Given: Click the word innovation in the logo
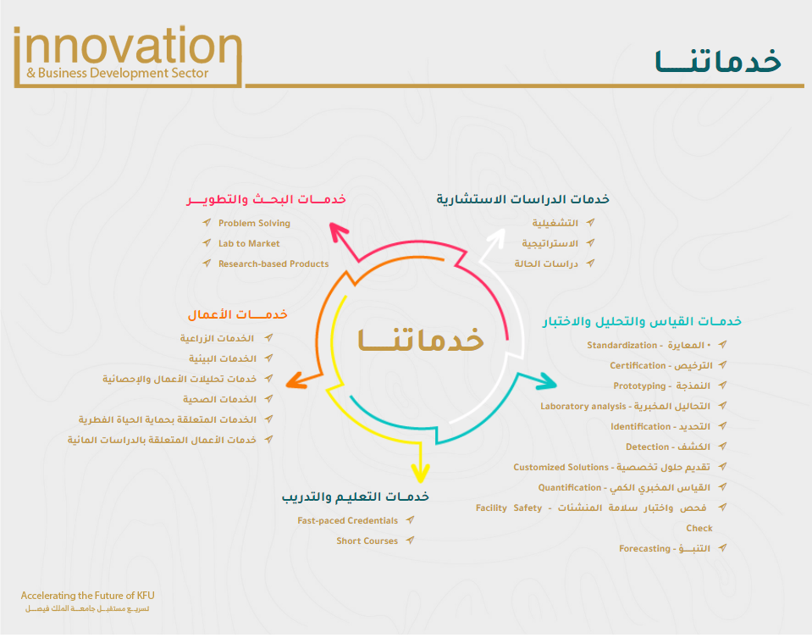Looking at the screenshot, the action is (128, 46).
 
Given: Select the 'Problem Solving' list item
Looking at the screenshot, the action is (254, 224).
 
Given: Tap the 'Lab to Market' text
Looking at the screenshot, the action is (249, 243).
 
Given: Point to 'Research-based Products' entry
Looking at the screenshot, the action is (273, 264).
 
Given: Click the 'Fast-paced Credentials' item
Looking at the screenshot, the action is (347, 520).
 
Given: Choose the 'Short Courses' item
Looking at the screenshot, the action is (367, 541).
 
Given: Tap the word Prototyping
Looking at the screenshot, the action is (639, 386).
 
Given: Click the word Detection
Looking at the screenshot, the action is (647, 447).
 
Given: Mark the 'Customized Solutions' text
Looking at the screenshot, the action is (561, 467).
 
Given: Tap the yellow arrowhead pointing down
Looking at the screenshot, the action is (420, 473).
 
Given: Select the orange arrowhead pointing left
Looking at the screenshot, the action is (296, 380).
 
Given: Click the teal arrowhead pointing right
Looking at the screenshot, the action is (546, 381).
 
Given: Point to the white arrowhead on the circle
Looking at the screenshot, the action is (496, 237).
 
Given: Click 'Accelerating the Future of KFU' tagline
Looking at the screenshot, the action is (87, 596).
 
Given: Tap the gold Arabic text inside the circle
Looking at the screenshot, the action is (421, 340).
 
